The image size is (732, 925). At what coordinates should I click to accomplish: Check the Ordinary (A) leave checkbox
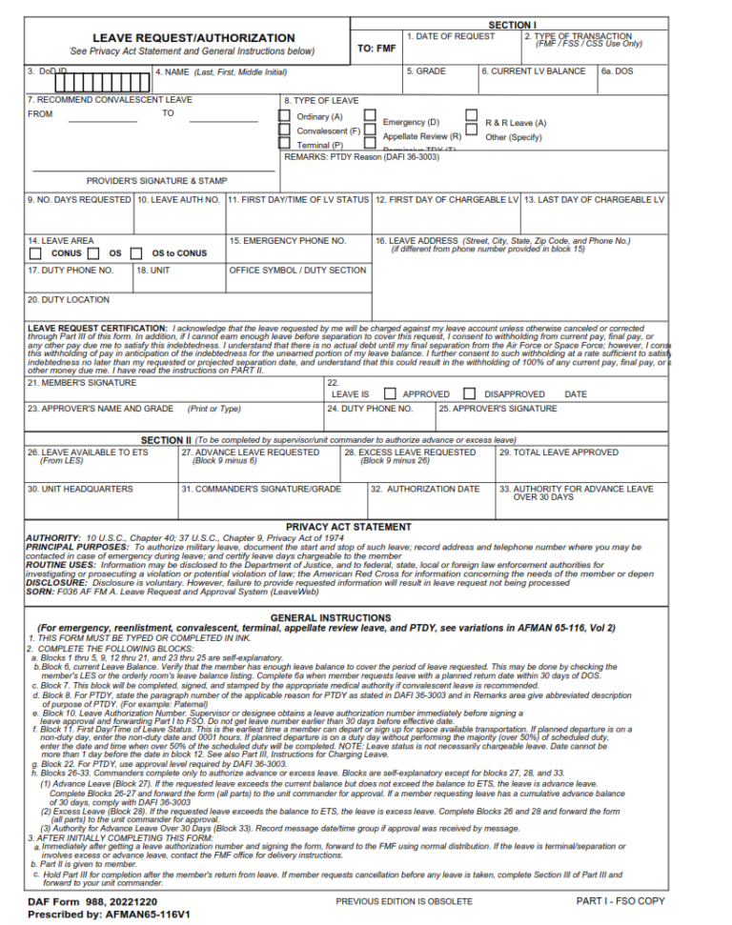(x=284, y=116)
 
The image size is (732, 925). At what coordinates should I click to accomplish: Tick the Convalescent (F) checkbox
(x=284, y=131)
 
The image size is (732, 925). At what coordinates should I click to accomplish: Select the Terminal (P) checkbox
(x=284, y=144)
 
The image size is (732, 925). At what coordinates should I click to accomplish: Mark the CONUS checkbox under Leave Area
(x=35, y=254)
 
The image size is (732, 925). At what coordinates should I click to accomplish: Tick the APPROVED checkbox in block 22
(x=391, y=393)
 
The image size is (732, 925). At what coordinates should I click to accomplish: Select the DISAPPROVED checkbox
(x=470, y=393)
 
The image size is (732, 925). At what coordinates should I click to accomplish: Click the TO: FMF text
(x=376, y=48)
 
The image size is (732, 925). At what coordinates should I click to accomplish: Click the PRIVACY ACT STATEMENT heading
(x=348, y=527)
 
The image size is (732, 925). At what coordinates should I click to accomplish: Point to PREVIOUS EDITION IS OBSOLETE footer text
(x=403, y=901)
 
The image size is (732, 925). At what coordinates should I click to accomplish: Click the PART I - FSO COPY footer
(x=620, y=901)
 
